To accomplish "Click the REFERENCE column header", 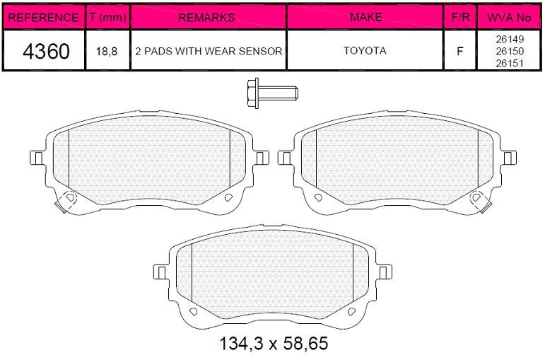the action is tap(43, 17).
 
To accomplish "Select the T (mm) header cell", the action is tap(107, 17).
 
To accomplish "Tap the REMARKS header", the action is tap(206, 17).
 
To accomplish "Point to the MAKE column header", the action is tap(366, 17).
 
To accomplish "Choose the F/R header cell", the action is tap(460, 17).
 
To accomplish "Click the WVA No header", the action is tap(509, 18).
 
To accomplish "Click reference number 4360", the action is tap(46, 51).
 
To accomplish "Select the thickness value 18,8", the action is tap(107, 52).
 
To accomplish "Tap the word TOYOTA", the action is tap(365, 51).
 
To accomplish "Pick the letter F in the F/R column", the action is tap(460, 51).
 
